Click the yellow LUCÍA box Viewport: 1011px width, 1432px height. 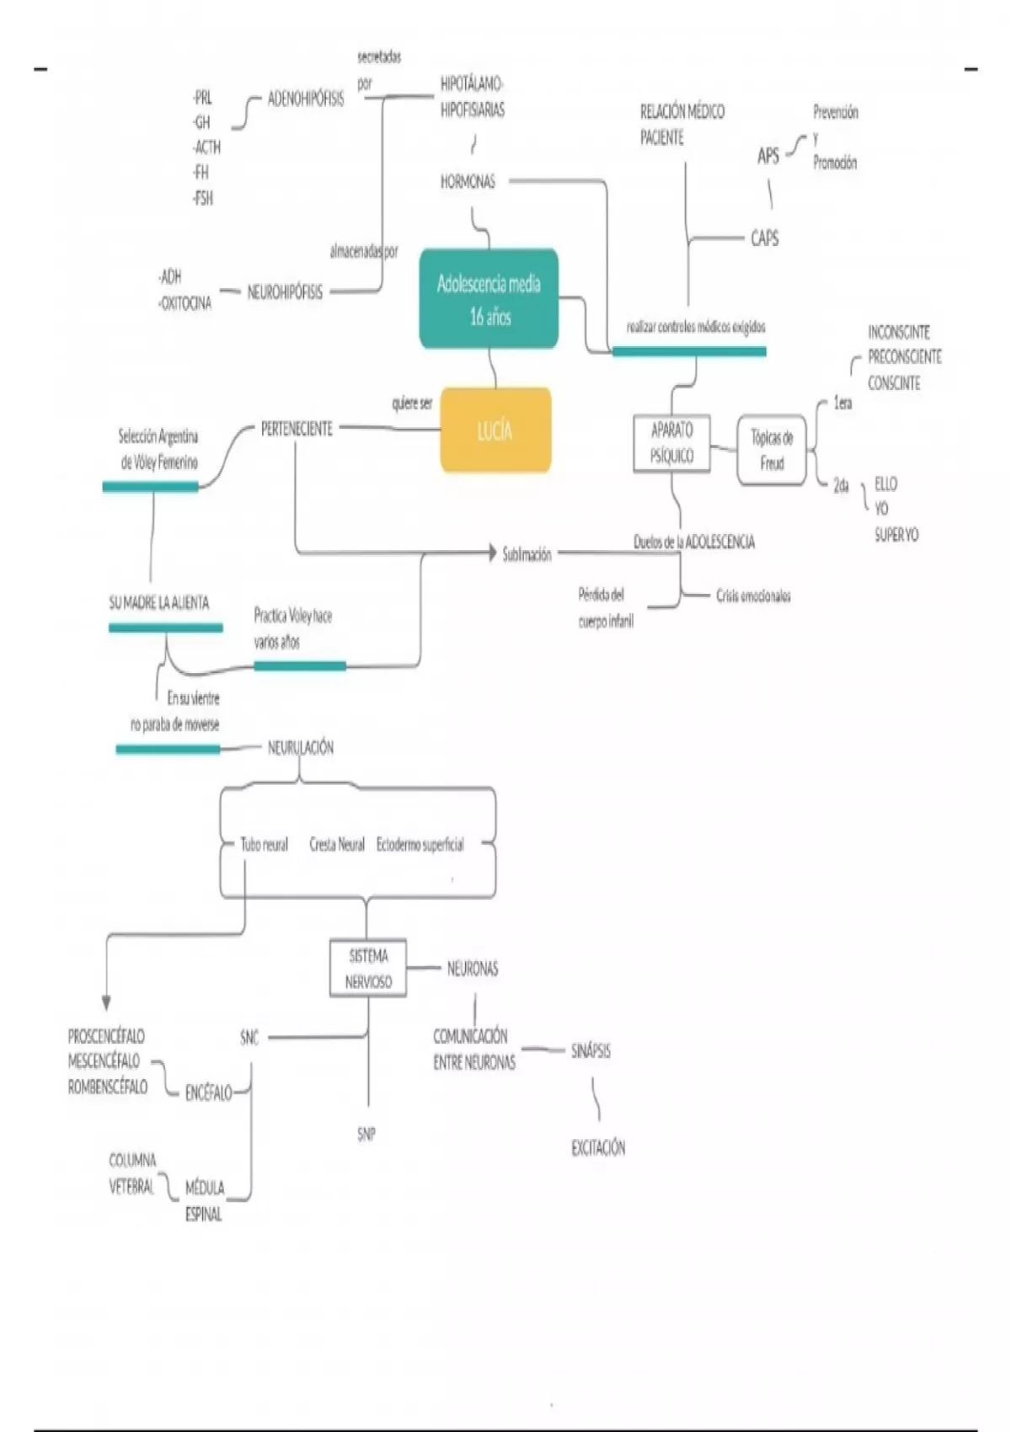(495, 430)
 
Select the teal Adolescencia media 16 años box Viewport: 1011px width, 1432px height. (489, 299)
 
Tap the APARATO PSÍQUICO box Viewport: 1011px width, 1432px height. (671, 443)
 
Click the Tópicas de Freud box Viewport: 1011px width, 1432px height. (772, 450)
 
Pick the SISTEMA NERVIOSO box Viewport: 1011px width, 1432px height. (368, 968)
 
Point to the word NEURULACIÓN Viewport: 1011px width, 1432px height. (300, 747)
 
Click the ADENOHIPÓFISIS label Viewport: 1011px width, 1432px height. (305, 99)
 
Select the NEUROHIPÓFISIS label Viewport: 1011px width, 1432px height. (285, 292)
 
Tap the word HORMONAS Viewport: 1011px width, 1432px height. (468, 181)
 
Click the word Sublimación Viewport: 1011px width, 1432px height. (527, 554)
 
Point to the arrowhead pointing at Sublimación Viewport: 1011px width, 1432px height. (493, 553)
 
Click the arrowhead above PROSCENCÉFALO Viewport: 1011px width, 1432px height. (106, 1003)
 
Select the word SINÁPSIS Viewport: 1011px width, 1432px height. (591, 1050)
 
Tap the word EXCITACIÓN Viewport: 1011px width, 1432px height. (598, 1147)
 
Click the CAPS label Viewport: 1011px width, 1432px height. (764, 238)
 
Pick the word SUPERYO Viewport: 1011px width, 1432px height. (896, 534)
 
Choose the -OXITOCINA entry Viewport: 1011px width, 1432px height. (185, 303)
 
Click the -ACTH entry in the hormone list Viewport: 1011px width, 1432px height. (206, 147)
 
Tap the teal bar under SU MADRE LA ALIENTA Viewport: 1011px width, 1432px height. (166, 627)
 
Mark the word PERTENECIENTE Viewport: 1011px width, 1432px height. (297, 429)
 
